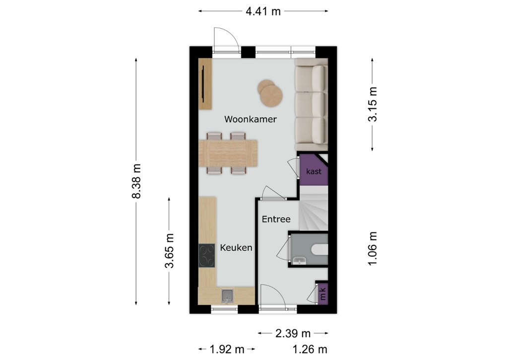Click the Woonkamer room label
pyautogui.click(x=251, y=119)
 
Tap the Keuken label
pyautogui.click(x=236, y=248)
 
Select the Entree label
pyautogui.click(x=276, y=219)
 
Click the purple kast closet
pyautogui.click(x=313, y=170)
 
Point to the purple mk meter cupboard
pyautogui.click(x=322, y=294)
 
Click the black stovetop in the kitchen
pyautogui.click(x=207, y=256)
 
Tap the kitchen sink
pyautogui.click(x=227, y=295)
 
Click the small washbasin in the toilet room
pyautogui.click(x=299, y=260)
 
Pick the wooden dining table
pyautogui.click(x=228, y=153)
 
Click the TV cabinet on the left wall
pyautogui.click(x=205, y=84)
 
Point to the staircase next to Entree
pyautogui.click(x=314, y=208)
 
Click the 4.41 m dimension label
pyautogui.click(x=263, y=11)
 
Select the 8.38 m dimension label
pyautogui.click(x=136, y=181)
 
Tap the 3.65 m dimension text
pyautogui.click(x=170, y=251)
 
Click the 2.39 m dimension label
pyautogui.click(x=293, y=333)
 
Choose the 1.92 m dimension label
pyautogui.click(x=227, y=349)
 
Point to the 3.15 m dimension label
pyautogui.click(x=373, y=104)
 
